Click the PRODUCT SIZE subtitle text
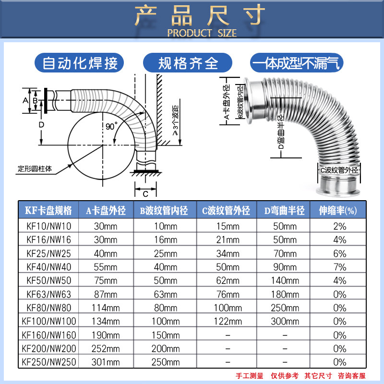202,33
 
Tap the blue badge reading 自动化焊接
80,63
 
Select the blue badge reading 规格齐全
188,63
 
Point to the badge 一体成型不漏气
296,63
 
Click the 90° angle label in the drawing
111,127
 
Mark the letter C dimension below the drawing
145,194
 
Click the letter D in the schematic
41,124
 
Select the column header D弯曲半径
284,210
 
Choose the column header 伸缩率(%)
339,210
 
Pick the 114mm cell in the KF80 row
106,308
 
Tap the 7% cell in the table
340,266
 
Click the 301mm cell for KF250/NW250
106,361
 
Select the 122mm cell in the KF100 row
228,321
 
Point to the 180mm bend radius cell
284,294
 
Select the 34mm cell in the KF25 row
228,253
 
